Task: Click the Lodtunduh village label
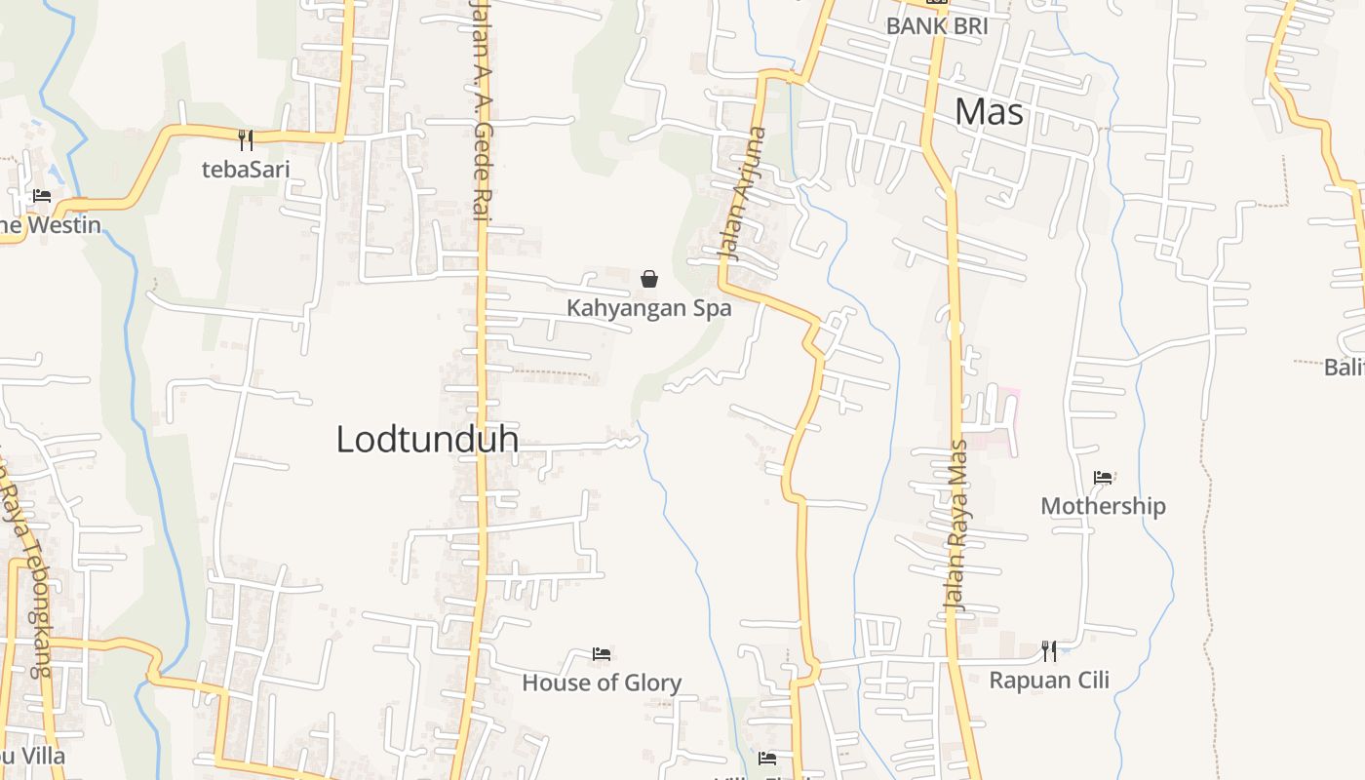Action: point(427,440)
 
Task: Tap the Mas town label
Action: point(989,112)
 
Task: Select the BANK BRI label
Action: point(936,26)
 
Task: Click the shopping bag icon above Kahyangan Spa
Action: point(649,280)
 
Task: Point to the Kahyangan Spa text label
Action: point(649,308)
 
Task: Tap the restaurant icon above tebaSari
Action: point(246,140)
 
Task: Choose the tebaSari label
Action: point(246,169)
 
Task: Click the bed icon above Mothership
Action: point(1103,478)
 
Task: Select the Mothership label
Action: point(1103,506)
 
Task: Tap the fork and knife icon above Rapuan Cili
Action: point(1049,650)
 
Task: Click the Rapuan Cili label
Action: point(1049,680)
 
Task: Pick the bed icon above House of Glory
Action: point(602,653)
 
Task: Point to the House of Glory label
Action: point(602,682)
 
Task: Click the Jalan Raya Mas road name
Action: point(957,526)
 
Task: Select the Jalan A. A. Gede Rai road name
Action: point(480,107)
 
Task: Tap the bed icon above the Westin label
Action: point(42,196)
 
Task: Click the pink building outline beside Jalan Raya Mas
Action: point(1004,419)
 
